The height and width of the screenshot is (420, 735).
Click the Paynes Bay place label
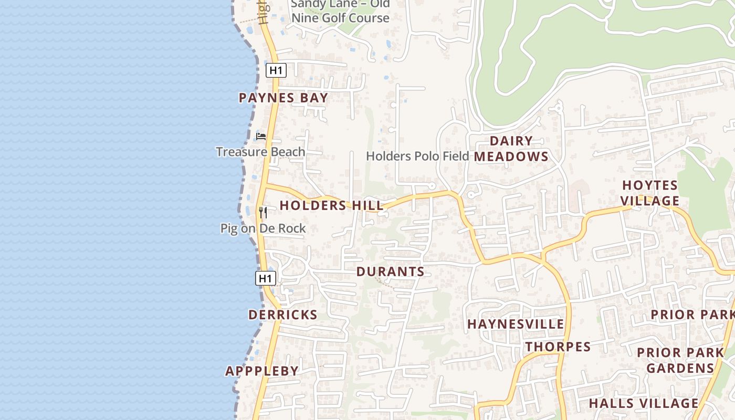[x=283, y=98]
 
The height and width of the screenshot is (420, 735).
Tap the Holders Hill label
[x=331, y=205]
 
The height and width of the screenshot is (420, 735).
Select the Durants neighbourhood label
[x=390, y=271]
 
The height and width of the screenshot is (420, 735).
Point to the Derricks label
[x=282, y=314]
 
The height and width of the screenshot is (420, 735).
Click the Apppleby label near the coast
[x=262, y=371]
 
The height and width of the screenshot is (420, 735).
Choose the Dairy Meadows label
[x=511, y=149]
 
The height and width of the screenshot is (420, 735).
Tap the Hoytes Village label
[x=650, y=193]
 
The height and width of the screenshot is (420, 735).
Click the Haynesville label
[x=516, y=324]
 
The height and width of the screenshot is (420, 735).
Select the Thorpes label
[x=558, y=346]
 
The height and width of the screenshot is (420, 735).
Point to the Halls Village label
[x=643, y=403]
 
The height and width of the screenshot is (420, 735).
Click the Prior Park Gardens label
[x=680, y=360]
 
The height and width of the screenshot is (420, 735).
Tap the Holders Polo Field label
[x=417, y=156]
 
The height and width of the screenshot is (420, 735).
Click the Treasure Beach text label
[x=260, y=152]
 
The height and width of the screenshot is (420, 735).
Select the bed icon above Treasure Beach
[x=261, y=136]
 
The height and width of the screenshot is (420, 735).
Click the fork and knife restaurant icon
[x=263, y=213]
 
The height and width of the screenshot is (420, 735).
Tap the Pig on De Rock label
[x=263, y=228]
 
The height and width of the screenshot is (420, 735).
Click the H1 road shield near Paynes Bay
[x=276, y=70]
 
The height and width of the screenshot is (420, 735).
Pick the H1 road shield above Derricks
[x=266, y=278]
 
